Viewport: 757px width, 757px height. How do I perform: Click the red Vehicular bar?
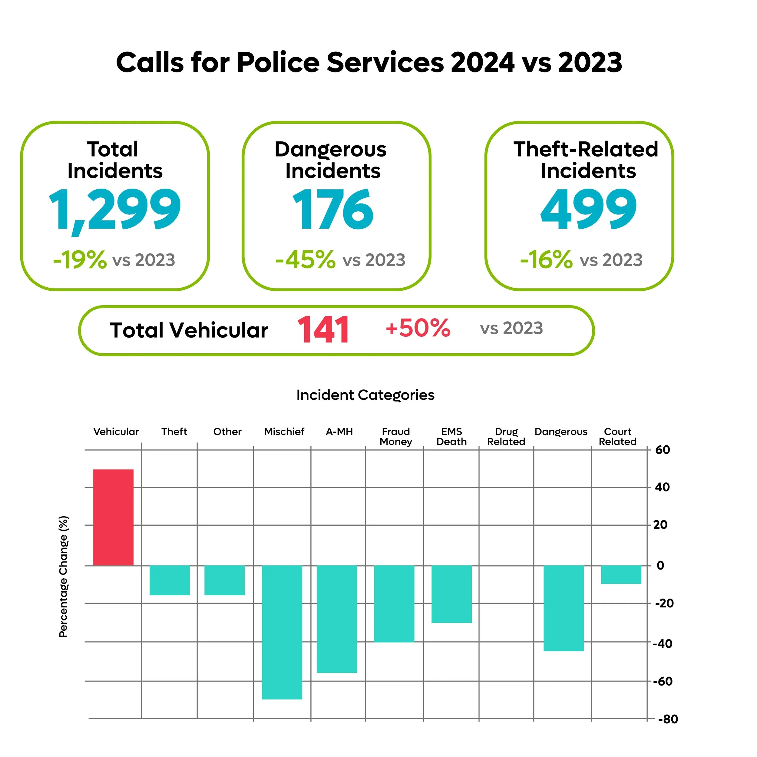point(113,517)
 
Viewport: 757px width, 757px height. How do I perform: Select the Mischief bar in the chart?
point(282,632)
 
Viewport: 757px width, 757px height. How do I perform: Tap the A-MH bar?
point(337,619)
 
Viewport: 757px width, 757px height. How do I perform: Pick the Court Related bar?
point(621,574)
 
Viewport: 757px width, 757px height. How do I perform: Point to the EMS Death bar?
point(452,594)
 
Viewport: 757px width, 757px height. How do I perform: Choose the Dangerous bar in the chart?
point(564,608)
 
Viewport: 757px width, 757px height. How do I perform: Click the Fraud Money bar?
point(394,604)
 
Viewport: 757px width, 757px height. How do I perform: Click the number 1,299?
point(115,211)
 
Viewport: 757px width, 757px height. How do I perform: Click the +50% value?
point(418,328)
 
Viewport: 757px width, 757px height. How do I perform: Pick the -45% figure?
point(305,259)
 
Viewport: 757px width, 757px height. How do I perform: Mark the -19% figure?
point(80,259)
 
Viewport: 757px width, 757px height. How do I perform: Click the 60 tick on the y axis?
point(663,450)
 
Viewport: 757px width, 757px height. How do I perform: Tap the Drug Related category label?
point(506,437)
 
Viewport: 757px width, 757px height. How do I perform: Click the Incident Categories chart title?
point(365,395)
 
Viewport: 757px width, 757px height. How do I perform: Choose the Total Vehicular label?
point(189,330)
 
